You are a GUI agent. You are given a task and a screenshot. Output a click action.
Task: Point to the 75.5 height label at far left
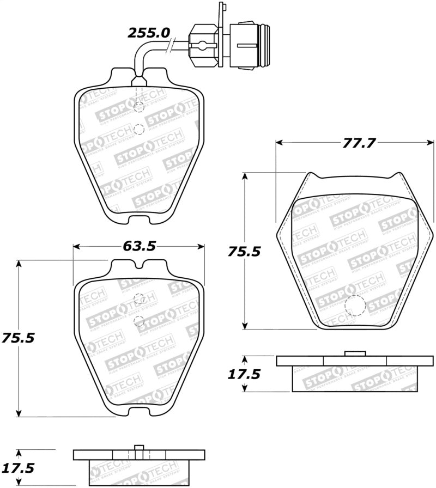[18, 338]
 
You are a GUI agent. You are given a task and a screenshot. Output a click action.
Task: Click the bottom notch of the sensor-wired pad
[138, 219]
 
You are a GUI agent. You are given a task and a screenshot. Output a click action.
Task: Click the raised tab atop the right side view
[355, 353]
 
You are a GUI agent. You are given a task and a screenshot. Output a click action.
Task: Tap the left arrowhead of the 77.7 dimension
[280, 143]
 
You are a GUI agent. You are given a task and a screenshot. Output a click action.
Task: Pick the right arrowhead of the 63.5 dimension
[202, 247]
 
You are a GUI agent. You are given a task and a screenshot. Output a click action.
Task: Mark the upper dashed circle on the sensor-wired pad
[138, 107]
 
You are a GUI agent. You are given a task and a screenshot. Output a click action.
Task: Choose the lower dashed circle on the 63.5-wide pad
[138, 320]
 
